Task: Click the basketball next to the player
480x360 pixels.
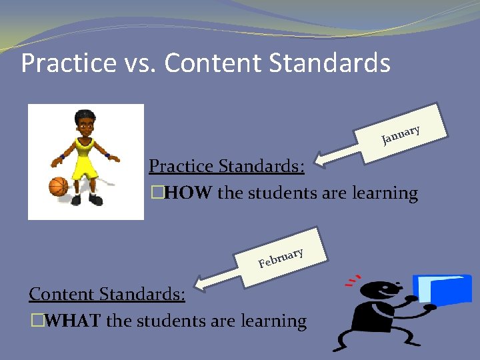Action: pos(59,186)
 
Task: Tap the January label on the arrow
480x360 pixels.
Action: pos(401,134)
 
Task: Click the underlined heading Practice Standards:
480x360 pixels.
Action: pos(227,165)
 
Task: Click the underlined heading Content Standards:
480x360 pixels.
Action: pos(107,293)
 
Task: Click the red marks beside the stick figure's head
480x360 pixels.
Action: pos(353,279)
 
